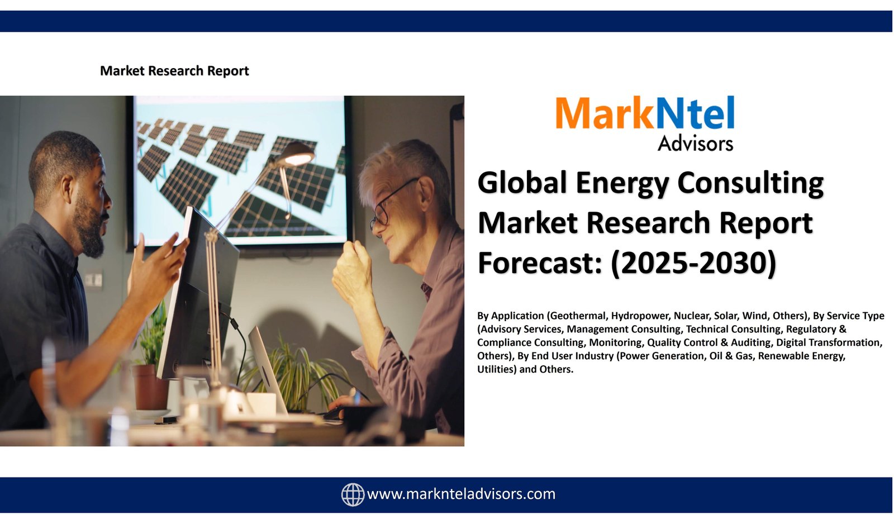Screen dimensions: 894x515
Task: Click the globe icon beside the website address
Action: [353, 495]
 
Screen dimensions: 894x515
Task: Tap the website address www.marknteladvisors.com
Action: [461, 494]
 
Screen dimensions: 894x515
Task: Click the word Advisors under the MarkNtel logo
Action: [695, 143]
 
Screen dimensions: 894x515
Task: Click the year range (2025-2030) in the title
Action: [693, 263]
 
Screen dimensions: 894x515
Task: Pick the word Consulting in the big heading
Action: [750, 184]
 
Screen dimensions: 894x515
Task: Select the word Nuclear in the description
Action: [691, 316]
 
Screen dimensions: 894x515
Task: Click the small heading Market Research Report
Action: [174, 70]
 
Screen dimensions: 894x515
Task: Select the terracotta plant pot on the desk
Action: [150, 387]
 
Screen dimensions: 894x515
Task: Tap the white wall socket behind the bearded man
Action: [93, 280]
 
